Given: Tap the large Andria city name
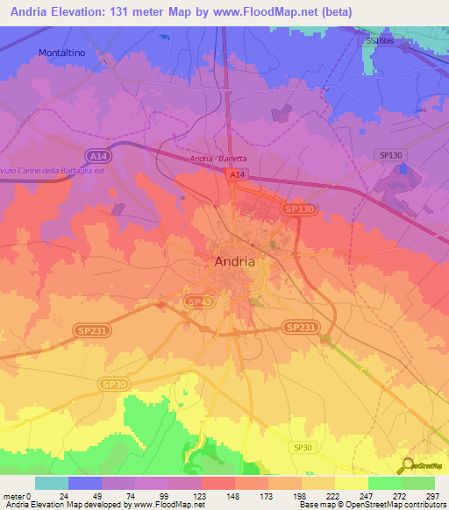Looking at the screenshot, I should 235,261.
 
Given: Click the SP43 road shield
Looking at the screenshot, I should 199,301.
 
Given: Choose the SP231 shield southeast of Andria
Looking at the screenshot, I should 299,326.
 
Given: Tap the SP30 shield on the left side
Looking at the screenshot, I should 112,384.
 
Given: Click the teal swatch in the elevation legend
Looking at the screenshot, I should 52,483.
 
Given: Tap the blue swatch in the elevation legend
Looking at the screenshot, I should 85,483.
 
